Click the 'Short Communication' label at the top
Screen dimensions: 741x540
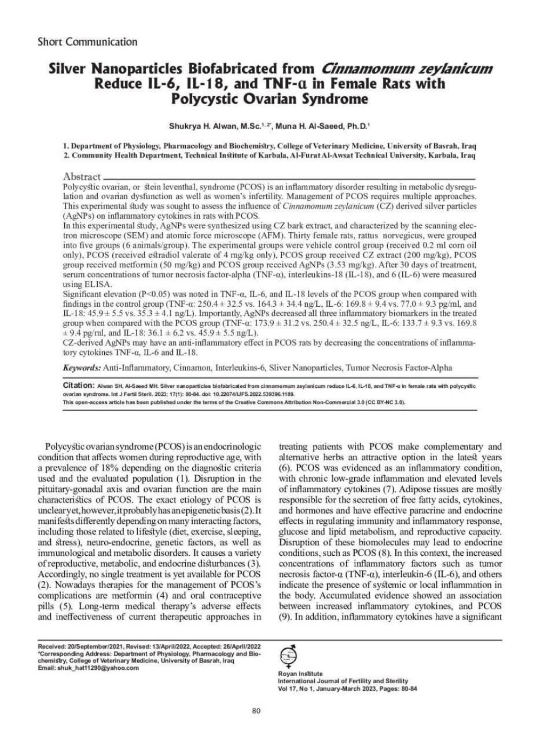pos(87,42)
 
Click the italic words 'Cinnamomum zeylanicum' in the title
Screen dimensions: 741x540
pos(407,69)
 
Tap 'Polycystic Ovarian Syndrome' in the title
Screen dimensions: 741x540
pos(269,99)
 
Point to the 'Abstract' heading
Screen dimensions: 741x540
pos(82,177)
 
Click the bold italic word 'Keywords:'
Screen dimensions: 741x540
pos(82,368)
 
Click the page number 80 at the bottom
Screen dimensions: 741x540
pos(256,711)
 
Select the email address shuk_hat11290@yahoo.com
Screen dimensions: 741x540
pos(96,668)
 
